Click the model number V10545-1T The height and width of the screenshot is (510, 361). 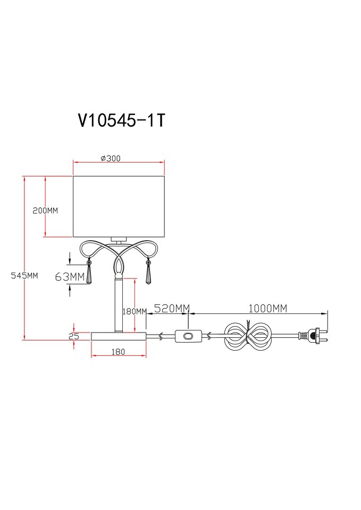pyautogui.click(x=122, y=121)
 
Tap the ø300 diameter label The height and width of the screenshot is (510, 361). pyautogui.click(x=111, y=158)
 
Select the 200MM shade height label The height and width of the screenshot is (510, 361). pyautogui.click(x=45, y=210)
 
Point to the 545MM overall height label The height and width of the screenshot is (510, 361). pyautogui.click(x=24, y=276)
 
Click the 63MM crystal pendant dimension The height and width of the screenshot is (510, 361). pyautogui.click(x=70, y=277)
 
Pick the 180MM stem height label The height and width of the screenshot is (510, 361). pyautogui.click(x=135, y=312)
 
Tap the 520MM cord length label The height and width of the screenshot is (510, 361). pyautogui.click(x=172, y=308)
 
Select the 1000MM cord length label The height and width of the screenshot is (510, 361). pyautogui.click(x=268, y=308)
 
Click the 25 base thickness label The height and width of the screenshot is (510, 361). pyautogui.click(x=74, y=336)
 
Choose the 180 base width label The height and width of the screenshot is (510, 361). pyautogui.click(x=118, y=352)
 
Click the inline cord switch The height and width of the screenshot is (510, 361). pyautogui.click(x=188, y=336)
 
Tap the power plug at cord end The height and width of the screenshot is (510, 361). pyautogui.click(x=313, y=336)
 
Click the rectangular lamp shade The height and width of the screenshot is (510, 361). pyautogui.click(x=118, y=206)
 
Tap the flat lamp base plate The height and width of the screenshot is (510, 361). pyautogui.click(x=119, y=336)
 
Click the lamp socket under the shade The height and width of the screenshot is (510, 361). pyautogui.click(x=118, y=240)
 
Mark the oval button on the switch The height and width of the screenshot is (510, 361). pyautogui.click(x=188, y=336)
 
